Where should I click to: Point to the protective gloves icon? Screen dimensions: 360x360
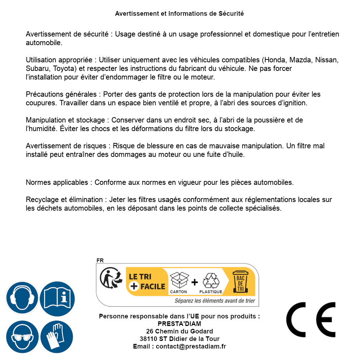click(57, 337)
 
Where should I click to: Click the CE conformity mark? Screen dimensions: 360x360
click(311, 320)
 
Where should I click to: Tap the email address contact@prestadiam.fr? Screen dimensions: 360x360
click(191, 346)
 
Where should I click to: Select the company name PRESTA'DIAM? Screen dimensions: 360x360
click(179, 324)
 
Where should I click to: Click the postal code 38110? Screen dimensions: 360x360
click(148, 339)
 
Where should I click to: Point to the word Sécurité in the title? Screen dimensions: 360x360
click(231, 14)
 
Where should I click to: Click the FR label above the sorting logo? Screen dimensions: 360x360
click(100, 261)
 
